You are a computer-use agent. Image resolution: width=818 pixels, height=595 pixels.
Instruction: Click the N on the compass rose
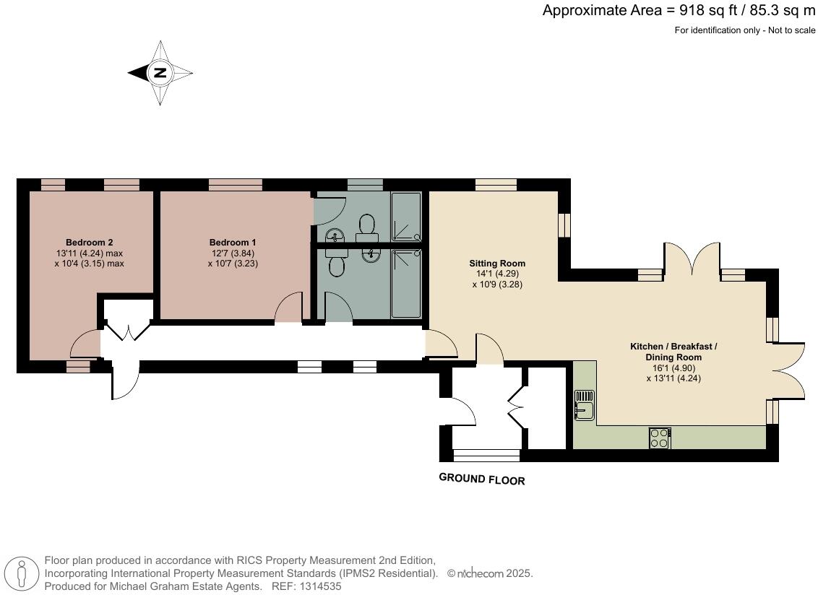160,72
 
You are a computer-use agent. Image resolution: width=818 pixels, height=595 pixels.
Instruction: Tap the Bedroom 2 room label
89,242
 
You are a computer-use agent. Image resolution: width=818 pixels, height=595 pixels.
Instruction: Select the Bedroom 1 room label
232,242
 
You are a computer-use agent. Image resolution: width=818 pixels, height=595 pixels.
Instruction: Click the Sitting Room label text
497,263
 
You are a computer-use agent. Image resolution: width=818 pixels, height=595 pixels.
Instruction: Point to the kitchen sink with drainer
584,404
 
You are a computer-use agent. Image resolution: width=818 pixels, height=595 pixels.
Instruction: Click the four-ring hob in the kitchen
660,438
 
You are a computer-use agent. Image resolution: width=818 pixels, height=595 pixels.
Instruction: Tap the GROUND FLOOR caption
482,479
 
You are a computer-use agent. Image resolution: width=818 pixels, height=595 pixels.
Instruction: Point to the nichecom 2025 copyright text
490,574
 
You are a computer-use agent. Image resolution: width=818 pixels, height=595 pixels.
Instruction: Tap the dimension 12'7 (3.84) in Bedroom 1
232,253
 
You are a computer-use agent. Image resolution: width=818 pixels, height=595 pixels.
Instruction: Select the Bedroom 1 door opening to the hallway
290,308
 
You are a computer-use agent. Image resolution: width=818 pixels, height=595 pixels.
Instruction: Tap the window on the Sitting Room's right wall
564,225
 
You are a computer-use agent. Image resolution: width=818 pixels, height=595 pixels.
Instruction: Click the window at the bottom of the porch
486,455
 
